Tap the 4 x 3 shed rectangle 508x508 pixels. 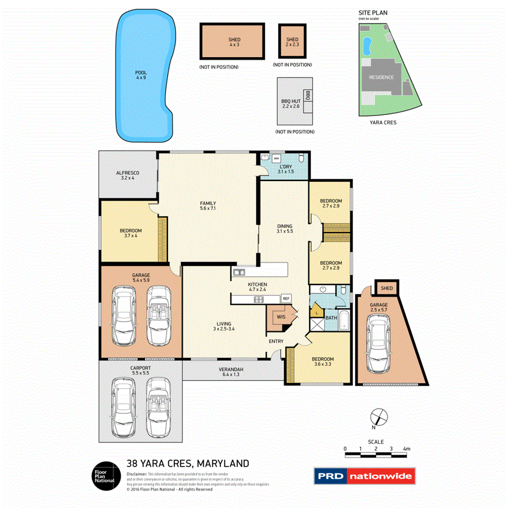(x=232, y=43)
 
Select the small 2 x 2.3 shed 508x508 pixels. (x=293, y=43)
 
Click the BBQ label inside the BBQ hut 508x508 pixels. (x=307, y=96)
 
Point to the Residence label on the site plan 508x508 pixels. (x=381, y=77)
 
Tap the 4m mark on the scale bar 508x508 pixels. (x=407, y=449)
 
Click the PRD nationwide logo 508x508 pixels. (x=364, y=476)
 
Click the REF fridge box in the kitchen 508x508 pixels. (x=286, y=299)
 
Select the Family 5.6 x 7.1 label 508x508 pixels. (x=208, y=205)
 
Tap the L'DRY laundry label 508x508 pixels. (x=286, y=168)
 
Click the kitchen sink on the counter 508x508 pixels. (x=239, y=272)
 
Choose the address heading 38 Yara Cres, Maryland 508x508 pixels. (x=188, y=463)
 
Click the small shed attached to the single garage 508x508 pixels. (x=386, y=287)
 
